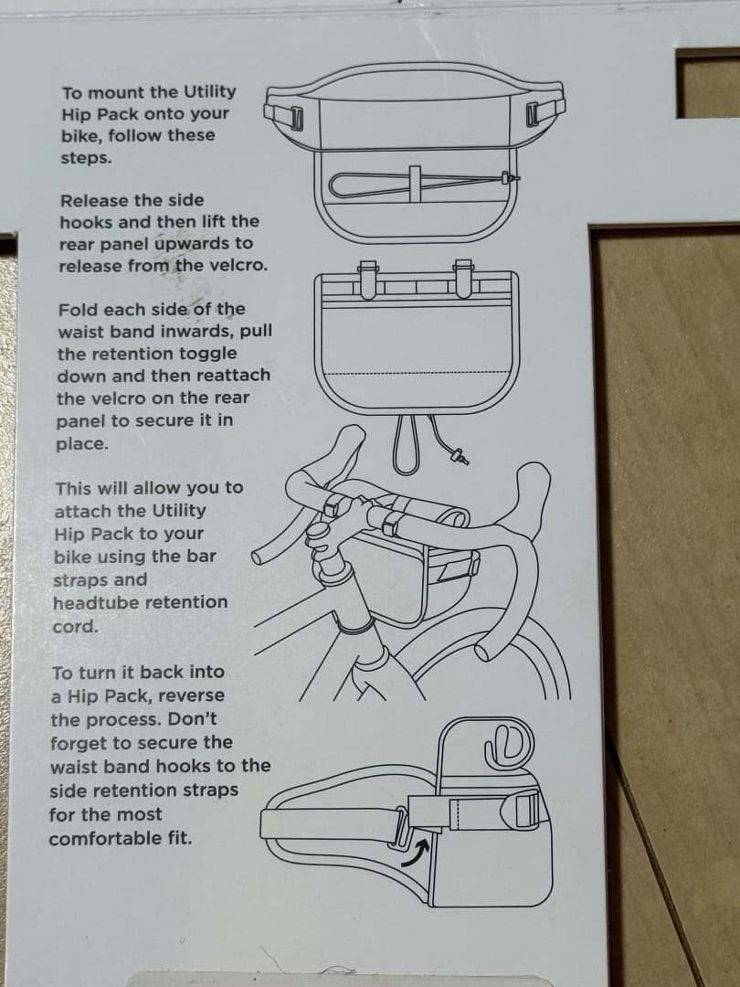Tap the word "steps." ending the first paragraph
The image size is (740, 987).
(x=86, y=157)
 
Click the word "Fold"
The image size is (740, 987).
(x=77, y=309)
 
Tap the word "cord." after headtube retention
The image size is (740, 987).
(x=75, y=627)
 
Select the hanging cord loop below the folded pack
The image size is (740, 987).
(x=406, y=446)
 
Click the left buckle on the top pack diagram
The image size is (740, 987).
(x=295, y=118)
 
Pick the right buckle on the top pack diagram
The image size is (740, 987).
(x=534, y=116)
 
